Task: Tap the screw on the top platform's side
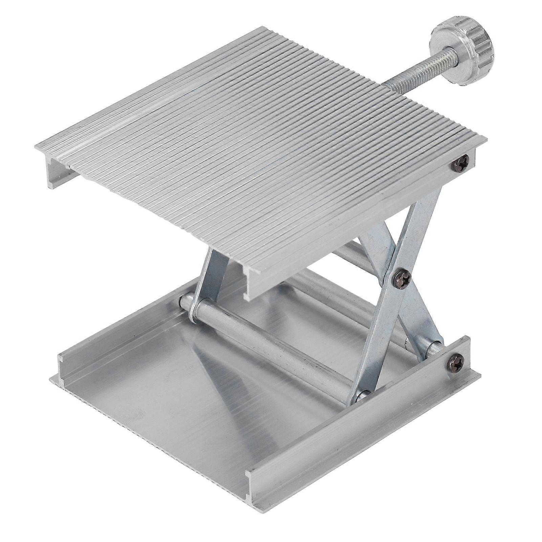[461, 164]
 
